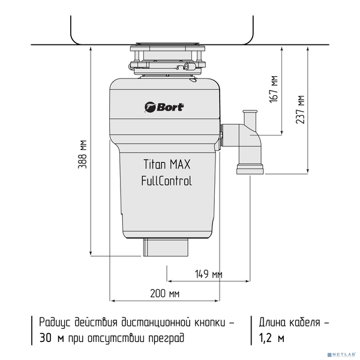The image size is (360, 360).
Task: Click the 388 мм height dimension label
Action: click(82, 154)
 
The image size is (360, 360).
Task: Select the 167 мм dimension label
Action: click(274, 89)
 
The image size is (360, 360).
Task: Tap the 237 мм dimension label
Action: click(300, 109)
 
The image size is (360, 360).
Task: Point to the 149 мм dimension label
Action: click(209, 274)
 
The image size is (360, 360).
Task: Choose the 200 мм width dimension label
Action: click(165, 293)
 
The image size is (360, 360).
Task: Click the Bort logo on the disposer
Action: click(164, 107)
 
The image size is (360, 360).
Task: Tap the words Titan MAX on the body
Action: click(167, 164)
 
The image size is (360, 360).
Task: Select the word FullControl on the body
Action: click(166, 181)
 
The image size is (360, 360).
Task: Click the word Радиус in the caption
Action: click(55, 323)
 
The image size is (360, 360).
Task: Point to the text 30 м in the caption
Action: click(52, 338)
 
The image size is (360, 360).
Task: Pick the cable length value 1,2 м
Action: click(272, 338)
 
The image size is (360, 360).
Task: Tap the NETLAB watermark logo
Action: click(342, 355)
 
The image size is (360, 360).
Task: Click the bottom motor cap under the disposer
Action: click(166, 247)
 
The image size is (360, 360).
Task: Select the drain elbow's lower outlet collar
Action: click(250, 169)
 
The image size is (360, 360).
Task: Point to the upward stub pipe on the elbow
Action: click(250, 118)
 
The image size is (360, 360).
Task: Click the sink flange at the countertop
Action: click(167, 43)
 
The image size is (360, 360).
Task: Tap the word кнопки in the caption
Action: click(210, 323)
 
